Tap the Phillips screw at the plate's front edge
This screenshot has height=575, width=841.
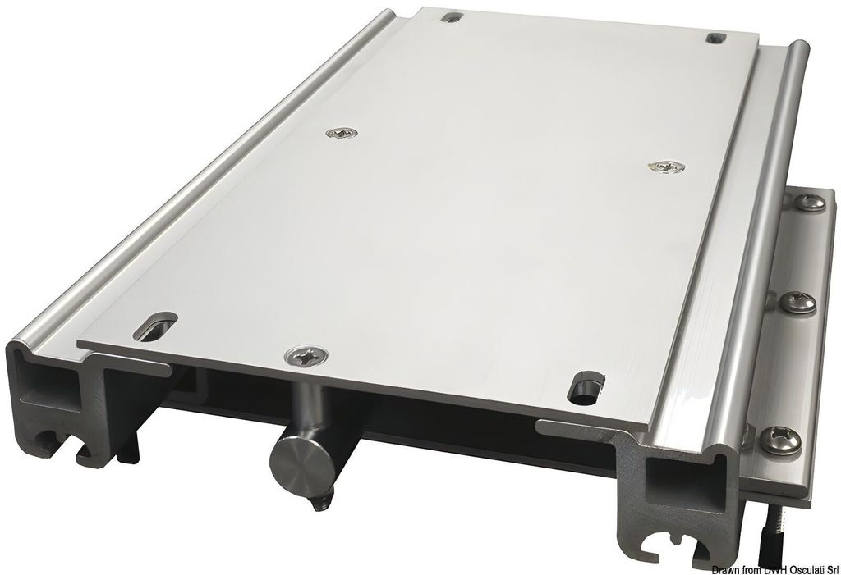click(307, 354)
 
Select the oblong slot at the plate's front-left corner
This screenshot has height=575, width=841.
click(155, 326)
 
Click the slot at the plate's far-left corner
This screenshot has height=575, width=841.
click(453, 17)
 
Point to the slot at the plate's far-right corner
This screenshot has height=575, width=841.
click(716, 38)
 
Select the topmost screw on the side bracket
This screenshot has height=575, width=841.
click(809, 203)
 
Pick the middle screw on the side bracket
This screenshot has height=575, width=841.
click(797, 303)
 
